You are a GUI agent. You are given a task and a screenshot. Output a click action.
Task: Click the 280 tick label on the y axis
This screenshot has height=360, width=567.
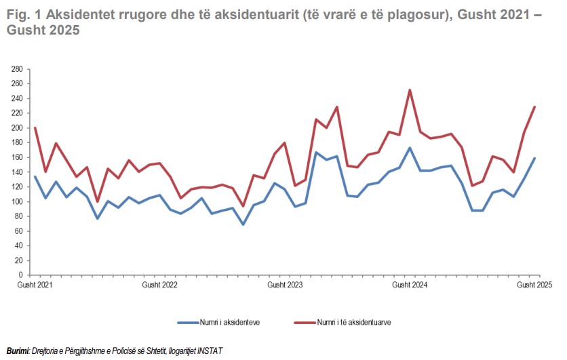point(18,69)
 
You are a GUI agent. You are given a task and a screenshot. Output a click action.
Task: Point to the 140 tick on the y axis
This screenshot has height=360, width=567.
point(18,172)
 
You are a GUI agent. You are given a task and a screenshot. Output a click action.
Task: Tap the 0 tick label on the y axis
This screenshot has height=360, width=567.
point(21,275)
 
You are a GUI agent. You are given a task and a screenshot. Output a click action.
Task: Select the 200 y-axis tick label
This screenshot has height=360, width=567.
point(18,128)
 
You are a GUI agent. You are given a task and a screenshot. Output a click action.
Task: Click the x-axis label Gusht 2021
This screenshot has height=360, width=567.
point(35,285)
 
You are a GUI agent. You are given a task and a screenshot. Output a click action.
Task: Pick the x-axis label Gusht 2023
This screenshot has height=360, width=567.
point(285,285)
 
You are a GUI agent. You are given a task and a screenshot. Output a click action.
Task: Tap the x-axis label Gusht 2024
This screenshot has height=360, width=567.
point(410,285)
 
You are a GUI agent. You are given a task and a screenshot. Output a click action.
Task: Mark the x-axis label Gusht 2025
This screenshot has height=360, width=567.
point(534,285)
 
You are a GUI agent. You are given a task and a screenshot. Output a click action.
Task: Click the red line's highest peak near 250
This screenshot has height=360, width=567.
point(410,90)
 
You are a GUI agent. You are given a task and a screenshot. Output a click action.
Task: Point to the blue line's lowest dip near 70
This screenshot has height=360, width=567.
point(243,224)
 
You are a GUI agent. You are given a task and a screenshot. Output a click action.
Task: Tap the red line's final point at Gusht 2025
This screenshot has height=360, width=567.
point(534,107)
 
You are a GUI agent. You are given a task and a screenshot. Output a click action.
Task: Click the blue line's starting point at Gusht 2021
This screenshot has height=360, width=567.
point(35,176)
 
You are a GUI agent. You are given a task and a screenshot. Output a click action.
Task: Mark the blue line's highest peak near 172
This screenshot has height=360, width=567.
point(410,148)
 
